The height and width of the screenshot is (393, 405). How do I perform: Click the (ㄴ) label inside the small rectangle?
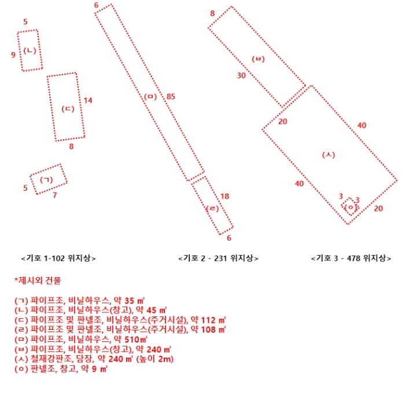point(30,50)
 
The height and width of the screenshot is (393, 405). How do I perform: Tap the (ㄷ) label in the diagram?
point(68,108)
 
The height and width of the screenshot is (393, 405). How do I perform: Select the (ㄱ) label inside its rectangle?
point(46,180)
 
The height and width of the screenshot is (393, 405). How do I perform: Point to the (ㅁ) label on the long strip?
point(150,96)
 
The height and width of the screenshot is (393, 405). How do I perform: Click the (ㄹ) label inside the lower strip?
point(212,208)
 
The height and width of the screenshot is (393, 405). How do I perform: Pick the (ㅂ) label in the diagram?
point(259,58)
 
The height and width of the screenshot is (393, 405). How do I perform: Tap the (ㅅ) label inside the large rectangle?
point(329,155)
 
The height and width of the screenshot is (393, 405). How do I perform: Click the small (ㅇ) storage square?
point(349,207)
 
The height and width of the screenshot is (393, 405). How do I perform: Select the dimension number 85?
point(171,96)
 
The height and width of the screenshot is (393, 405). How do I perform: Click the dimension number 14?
point(88,100)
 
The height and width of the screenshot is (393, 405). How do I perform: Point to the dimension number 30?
point(241,75)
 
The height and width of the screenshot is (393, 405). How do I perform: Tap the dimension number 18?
point(225,196)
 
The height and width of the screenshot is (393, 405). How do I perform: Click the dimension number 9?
point(13,55)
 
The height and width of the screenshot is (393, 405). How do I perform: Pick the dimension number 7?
point(55,195)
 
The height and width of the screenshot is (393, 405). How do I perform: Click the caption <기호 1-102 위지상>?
point(58,258)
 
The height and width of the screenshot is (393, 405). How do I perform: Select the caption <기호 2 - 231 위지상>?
point(218,258)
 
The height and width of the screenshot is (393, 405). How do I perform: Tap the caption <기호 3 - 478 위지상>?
point(351,258)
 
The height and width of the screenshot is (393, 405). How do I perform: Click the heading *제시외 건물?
point(36,280)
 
